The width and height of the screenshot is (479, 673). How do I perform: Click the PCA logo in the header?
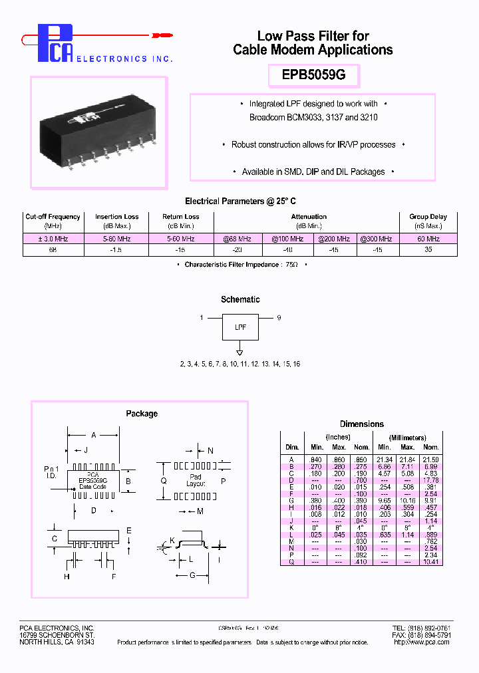click(x=55, y=44)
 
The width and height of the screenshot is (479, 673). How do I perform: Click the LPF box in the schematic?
click(x=239, y=327)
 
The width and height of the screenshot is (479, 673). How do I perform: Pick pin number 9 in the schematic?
click(x=279, y=318)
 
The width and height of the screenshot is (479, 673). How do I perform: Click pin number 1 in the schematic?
click(x=201, y=318)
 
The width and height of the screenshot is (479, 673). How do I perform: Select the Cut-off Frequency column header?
click(x=53, y=217)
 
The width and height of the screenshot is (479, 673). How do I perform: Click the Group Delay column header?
click(x=428, y=217)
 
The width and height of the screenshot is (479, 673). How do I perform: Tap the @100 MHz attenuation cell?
click(x=287, y=238)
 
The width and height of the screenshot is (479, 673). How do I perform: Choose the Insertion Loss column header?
click(x=116, y=217)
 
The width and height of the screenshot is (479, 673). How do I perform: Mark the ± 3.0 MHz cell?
click(x=53, y=238)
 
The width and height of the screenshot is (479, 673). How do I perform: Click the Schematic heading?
click(x=240, y=300)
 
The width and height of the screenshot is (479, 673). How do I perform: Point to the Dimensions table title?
click(x=361, y=424)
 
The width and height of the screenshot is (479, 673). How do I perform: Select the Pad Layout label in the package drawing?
click(x=196, y=480)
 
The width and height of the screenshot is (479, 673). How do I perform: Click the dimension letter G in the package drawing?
click(x=192, y=575)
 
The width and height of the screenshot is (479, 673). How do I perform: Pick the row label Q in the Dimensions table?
click(x=291, y=562)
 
